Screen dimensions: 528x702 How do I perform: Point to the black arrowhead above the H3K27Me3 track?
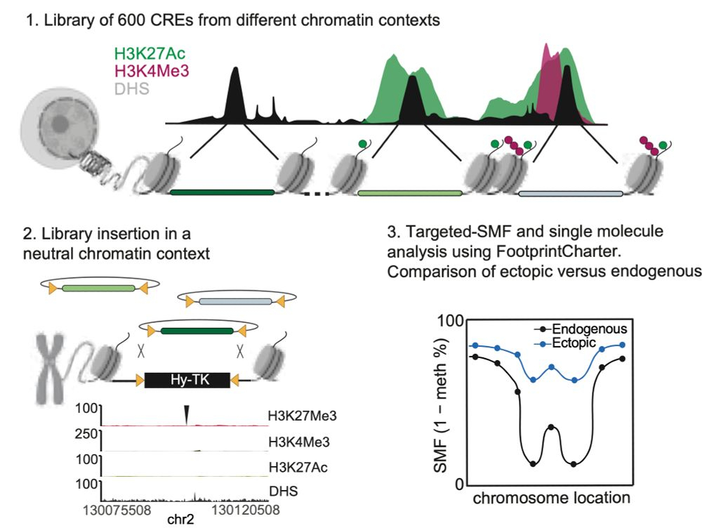[x=186, y=414]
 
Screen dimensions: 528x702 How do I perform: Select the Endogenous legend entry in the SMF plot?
[x=589, y=328]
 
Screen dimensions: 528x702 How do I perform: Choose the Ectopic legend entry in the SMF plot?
[x=574, y=342]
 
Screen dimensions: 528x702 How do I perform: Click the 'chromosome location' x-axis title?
[x=550, y=499]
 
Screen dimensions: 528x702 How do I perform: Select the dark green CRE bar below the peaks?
[x=222, y=191]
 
